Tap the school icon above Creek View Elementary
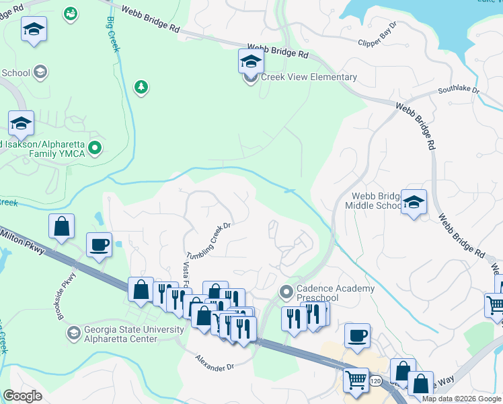point(251,61)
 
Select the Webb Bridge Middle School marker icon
point(414,201)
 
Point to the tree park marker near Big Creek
point(141,87)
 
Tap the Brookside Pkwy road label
point(67,296)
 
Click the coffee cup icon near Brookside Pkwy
point(99,245)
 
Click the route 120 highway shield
point(375,382)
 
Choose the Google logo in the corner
point(23,396)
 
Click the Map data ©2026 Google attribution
point(461,399)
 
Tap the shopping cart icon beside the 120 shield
point(355,379)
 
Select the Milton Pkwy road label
point(24,240)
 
